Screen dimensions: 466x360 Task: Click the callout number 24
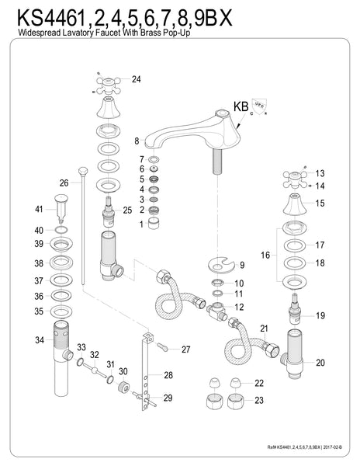tap(137, 79)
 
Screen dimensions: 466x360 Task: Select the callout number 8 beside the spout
tap(136, 141)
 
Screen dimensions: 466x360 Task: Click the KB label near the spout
tap(241, 106)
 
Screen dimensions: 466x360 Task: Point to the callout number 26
tap(64, 183)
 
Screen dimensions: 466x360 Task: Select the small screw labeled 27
tap(163, 349)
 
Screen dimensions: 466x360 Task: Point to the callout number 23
tap(258, 401)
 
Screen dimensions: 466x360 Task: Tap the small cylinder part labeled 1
tap(154, 224)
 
